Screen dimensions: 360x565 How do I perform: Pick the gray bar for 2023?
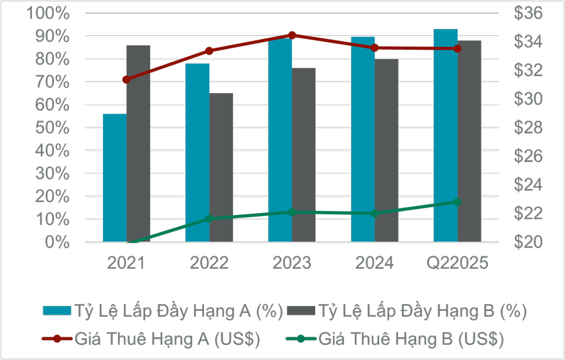304,155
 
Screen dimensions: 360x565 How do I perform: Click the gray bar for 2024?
387,150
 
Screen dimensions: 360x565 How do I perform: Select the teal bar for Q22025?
446,135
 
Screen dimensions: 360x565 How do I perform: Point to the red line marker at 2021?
127,80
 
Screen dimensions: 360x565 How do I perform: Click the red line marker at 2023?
292,35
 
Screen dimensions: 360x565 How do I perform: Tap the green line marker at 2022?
210,219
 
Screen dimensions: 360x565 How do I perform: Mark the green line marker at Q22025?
457,202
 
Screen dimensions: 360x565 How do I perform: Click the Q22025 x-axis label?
457,263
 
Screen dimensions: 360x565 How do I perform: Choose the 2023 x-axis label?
292,263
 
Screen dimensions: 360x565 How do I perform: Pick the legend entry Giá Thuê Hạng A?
151,339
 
